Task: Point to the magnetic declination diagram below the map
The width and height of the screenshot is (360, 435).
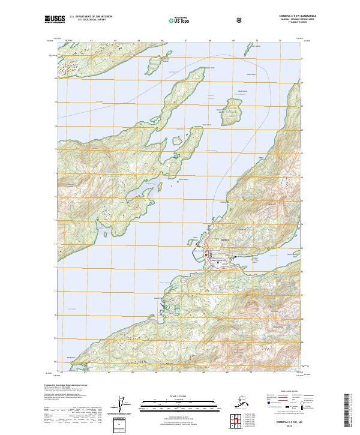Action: [x=125, y=405]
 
